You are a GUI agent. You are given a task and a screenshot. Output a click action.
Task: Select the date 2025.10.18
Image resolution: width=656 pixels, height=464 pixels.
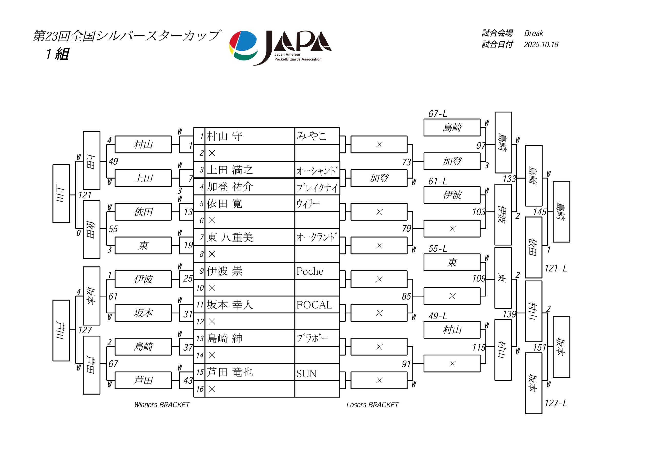(x=541, y=45)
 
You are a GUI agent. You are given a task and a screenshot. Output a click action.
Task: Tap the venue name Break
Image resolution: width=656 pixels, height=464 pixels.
(x=534, y=33)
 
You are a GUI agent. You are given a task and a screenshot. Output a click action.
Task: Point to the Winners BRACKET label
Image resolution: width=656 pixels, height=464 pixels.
(x=162, y=405)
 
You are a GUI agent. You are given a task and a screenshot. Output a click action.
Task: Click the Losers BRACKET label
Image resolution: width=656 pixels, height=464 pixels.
(x=372, y=405)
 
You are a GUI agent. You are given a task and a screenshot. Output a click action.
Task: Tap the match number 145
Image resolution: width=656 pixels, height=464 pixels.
(x=539, y=212)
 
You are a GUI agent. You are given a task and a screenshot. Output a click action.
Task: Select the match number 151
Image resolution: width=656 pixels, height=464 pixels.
(x=539, y=347)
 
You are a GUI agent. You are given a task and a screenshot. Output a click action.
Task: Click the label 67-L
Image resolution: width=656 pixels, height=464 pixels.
(x=437, y=114)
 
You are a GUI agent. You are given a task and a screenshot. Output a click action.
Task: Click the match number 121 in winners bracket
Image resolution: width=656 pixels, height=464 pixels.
(x=85, y=195)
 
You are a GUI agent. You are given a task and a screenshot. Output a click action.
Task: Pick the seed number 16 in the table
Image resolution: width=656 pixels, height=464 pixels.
(x=200, y=389)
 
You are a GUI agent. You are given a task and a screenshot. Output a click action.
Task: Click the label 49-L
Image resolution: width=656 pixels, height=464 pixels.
(x=437, y=316)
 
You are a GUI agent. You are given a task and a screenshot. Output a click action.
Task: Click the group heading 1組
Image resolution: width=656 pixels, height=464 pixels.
(x=57, y=54)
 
